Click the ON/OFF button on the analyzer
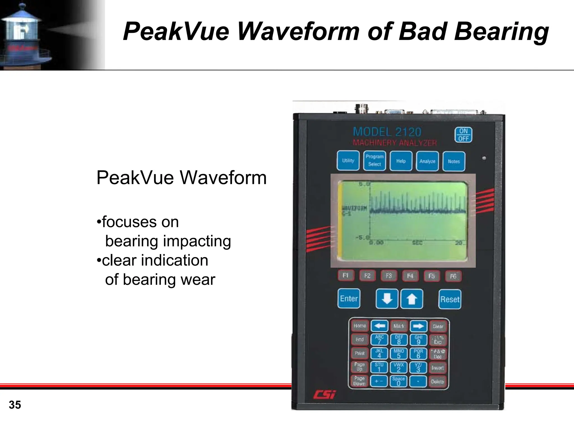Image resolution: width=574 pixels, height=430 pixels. (463, 135)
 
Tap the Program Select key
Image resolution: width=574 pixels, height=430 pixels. (374, 161)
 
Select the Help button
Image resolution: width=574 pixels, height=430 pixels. (401, 161)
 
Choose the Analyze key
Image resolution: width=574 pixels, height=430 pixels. (427, 161)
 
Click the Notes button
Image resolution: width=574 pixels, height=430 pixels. (453, 161)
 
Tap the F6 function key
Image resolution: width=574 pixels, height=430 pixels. (453, 276)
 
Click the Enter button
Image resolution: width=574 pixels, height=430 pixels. (349, 299)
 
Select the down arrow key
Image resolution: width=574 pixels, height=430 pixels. (387, 299)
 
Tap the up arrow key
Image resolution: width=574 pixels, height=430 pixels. (411, 299)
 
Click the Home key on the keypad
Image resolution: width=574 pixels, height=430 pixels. (360, 326)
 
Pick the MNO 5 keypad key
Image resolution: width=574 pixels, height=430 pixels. (399, 353)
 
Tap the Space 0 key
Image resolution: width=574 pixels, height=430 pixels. (399, 381)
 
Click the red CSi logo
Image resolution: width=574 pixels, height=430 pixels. (324, 395)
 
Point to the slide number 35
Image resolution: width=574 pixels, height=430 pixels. (15, 405)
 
